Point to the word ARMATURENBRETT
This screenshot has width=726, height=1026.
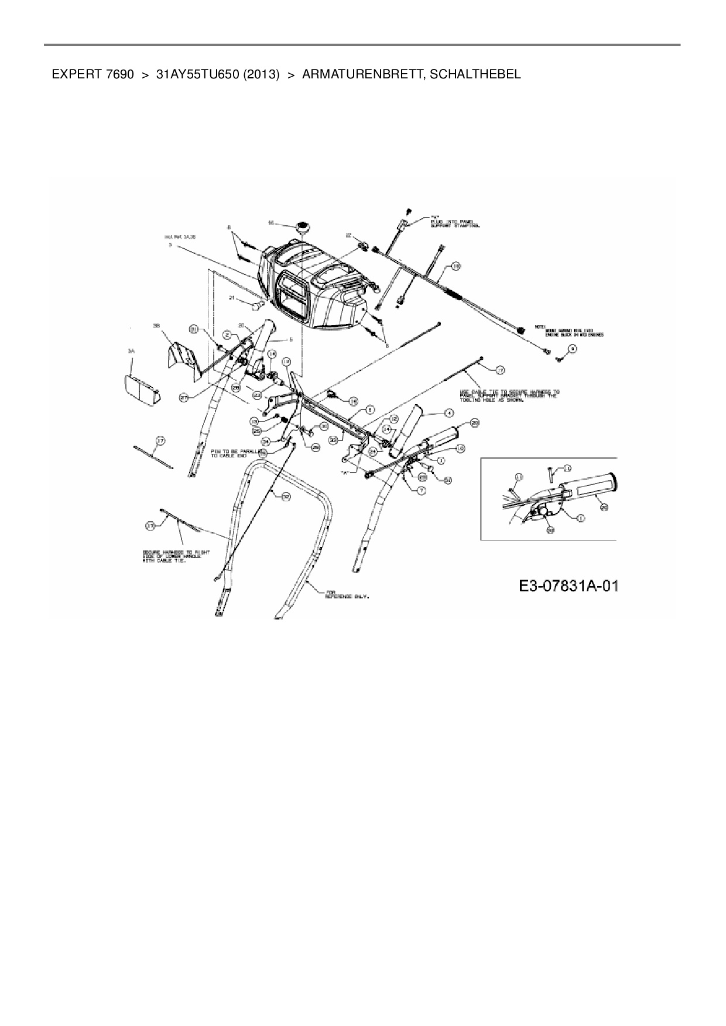(364, 75)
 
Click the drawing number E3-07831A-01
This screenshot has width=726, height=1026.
(568, 586)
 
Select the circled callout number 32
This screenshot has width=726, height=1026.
(285, 496)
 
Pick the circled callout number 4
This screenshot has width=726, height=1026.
(448, 413)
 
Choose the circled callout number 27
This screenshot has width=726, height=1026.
(184, 397)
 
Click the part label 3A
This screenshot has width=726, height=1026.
(131, 351)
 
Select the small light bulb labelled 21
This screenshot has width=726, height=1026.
(256, 305)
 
